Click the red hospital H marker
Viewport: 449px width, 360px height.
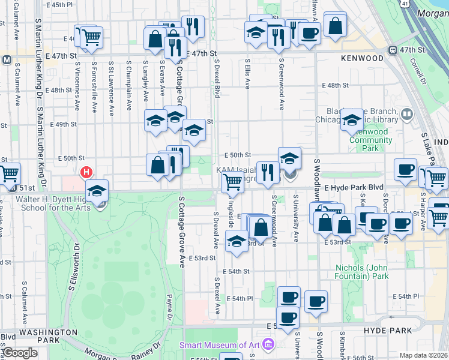pos(87,172)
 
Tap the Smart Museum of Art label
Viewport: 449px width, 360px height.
pos(220,345)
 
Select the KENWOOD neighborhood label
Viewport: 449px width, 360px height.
pos(361,58)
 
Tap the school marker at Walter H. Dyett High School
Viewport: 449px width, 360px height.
pos(97,191)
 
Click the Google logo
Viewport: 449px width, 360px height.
pos(19,353)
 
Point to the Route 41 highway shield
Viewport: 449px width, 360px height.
pos(406,4)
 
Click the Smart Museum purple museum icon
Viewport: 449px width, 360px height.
pos(268,344)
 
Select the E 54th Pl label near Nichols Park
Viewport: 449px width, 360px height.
pos(406,296)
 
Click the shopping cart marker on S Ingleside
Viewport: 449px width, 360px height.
pos(232,183)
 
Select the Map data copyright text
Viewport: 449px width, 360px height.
pos(423,355)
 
